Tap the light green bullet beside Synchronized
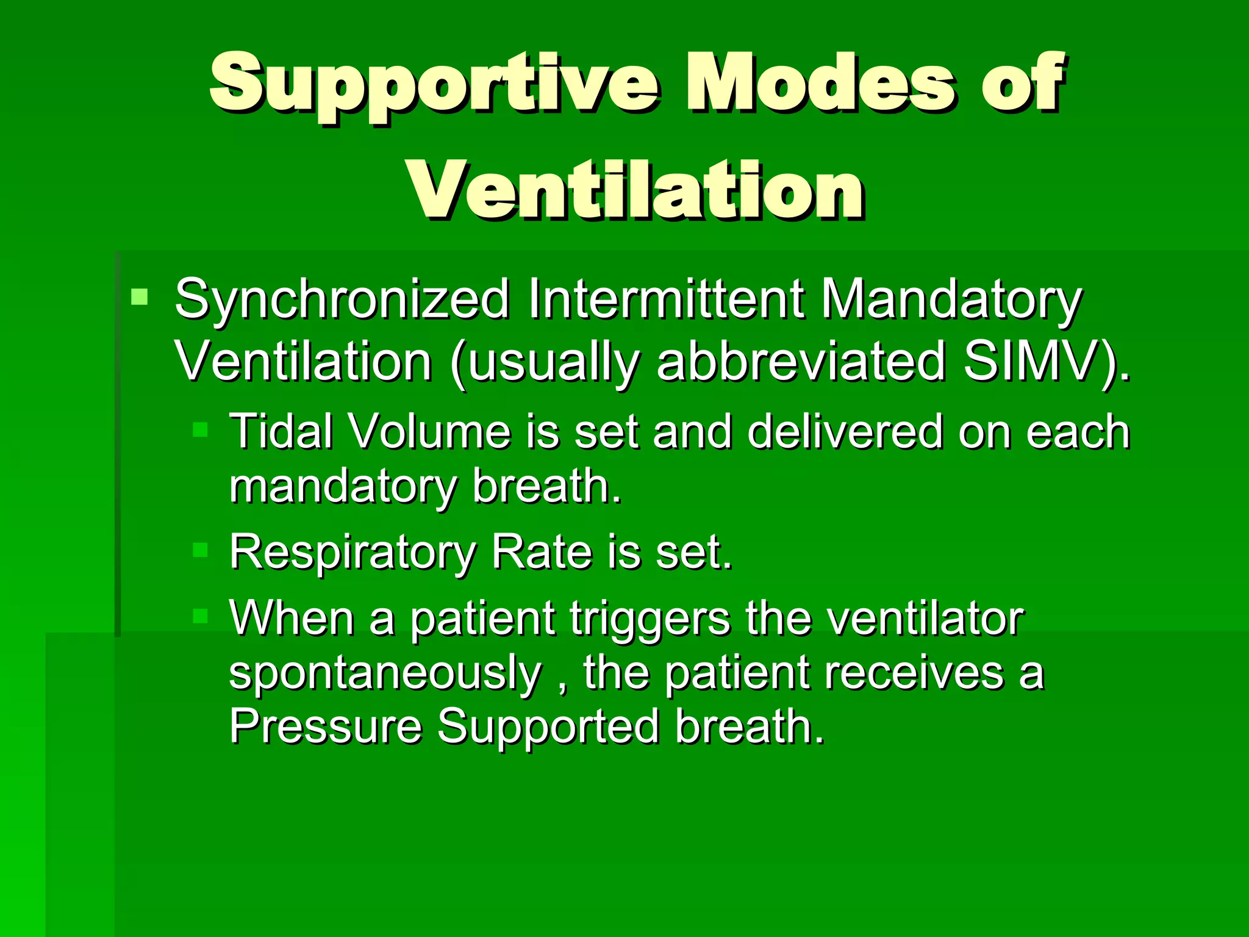[140, 297]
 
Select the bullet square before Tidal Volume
[201, 430]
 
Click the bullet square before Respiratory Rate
[201, 550]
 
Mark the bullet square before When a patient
[201, 616]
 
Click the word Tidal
[281, 431]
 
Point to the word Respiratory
[353, 553]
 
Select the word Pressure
[325, 726]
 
